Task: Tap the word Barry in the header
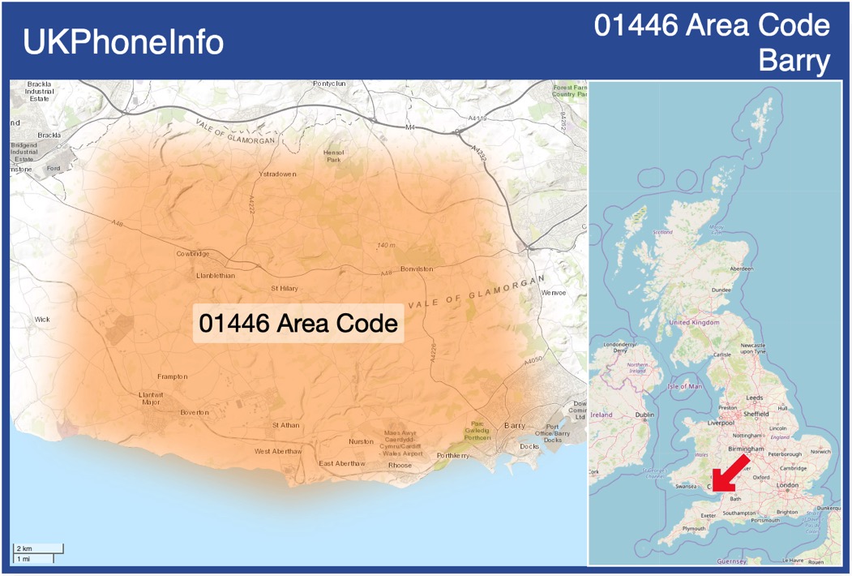point(794,61)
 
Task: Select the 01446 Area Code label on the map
point(298,323)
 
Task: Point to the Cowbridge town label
point(193,254)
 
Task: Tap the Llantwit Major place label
point(151,398)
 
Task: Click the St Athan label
point(285,425)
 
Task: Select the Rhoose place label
point(400,466)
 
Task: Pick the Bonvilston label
point(416,269)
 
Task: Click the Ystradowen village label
point(277,174)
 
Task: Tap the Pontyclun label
point(329,84)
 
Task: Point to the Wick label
point(42,320)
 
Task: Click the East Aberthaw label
point(342,463)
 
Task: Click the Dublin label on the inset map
point(645,415)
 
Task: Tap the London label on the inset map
point(788,485)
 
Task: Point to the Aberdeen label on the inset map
point(741,268)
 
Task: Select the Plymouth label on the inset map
point(694,528)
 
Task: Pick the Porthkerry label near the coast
point(452,456)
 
